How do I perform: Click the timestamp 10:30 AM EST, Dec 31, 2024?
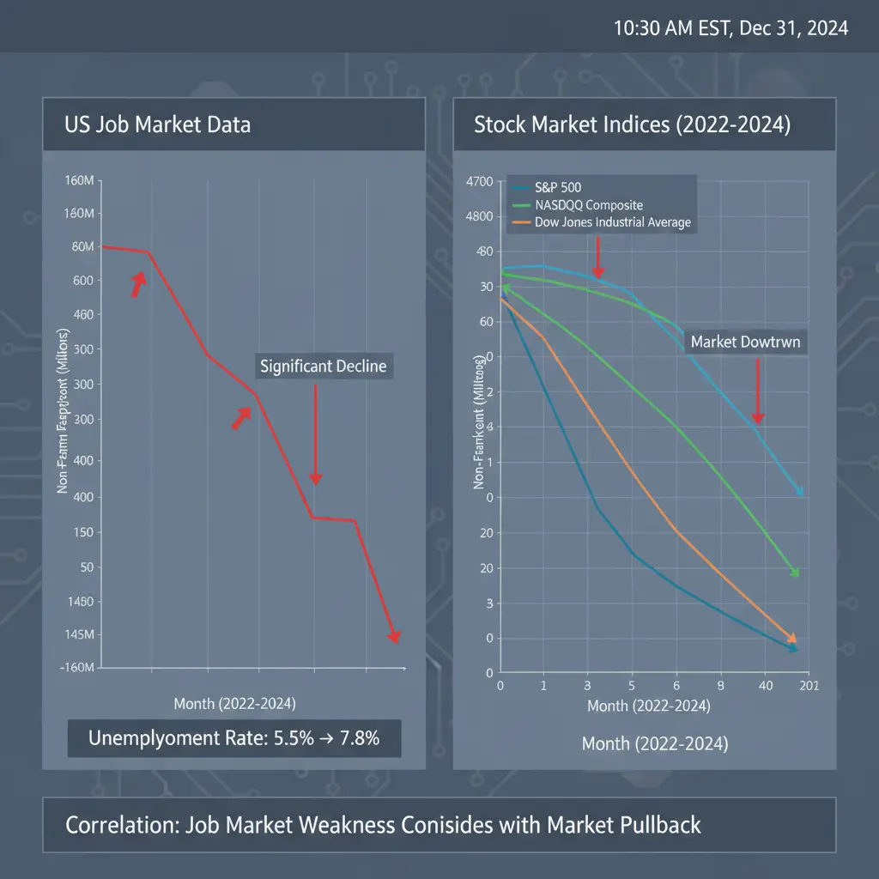[730, 28]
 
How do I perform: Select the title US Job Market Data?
[158, 124]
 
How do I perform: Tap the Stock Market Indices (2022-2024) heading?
[632, 124]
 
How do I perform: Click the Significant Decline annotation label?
[323, 367]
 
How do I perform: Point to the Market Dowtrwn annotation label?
[745, 342]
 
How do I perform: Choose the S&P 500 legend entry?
[559, 187]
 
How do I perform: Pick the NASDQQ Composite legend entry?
[589, 205]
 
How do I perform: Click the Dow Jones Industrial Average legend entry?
[613, 222]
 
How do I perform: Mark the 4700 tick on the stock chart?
[478, 182]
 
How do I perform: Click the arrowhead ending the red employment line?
[394, 636]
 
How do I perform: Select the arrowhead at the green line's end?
[794, 572]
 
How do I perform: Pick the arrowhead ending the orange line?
[791, 638]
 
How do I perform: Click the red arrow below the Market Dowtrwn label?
[758, 391]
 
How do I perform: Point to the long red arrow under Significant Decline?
[315, 433]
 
